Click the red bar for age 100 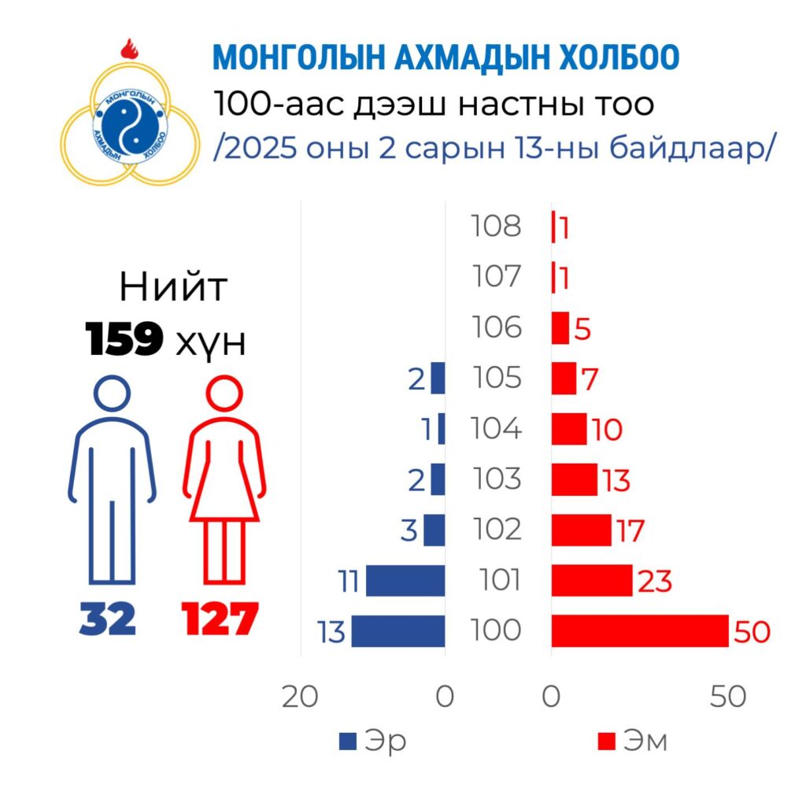(639, 631)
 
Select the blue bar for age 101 (405, 581)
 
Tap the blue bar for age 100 (398, 631)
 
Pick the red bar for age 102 (581, 530)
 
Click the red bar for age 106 (560, 327)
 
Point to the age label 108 (497, 227)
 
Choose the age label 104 (497, 429)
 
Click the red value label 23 (656, 582)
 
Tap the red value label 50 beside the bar (751, 632)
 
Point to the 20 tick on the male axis (299, 697)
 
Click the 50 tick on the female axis (727, 697)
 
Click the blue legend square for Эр (347, 741)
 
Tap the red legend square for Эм (606, 741)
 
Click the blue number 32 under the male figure (108, 619)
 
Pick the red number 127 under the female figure (220, 619)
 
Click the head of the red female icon (224, 393)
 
